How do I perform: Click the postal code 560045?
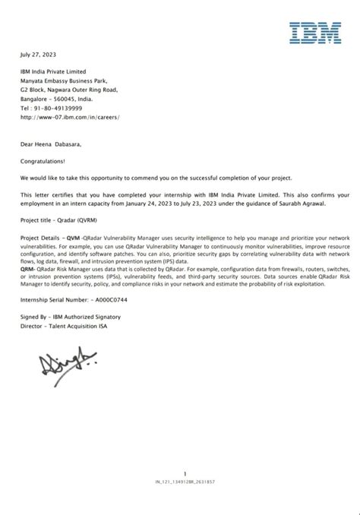[x=72, y=100]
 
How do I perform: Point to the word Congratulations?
[x=43, y=161]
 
